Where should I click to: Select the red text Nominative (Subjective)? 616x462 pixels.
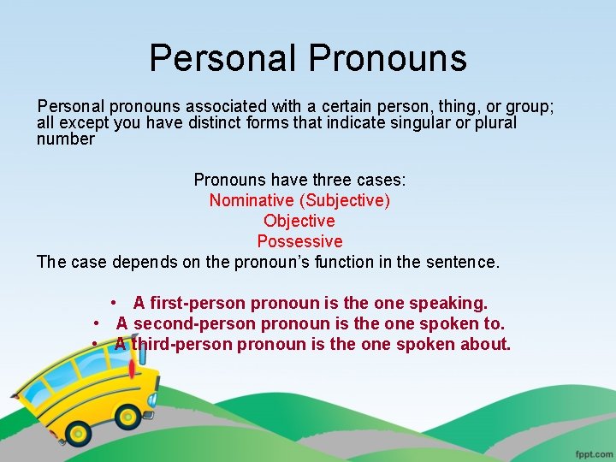coord(299,200)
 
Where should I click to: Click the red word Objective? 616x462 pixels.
coord(299,221)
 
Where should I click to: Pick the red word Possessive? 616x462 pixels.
coord(299,241)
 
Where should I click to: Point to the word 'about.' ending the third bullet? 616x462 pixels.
coord(485,344)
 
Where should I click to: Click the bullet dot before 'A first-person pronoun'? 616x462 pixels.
coord(114,304)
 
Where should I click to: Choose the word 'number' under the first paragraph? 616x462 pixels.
coord(66,139)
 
